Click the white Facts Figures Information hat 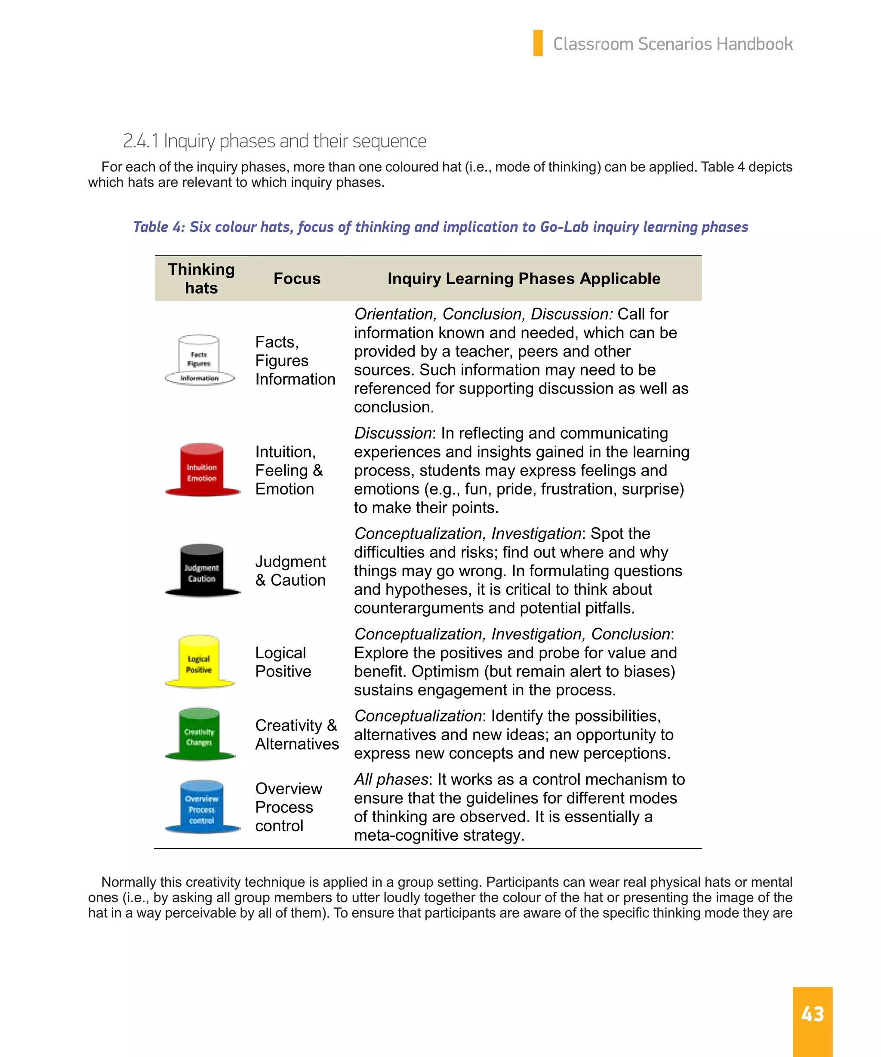click(x=199, y=360)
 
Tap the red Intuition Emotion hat click(x=202, y=470)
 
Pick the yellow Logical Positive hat click(x=199, y=661)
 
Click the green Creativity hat click(x=199, y=734)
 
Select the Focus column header click(x=296, y=278)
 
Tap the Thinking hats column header click(x=201, y=278)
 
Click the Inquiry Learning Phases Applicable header click(x=524, y=278)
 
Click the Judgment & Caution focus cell click(x=290, y=570)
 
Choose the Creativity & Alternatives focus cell click(x=296, y=734)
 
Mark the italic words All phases click(x=391, y=779)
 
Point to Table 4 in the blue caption click(x=158, y=227)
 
